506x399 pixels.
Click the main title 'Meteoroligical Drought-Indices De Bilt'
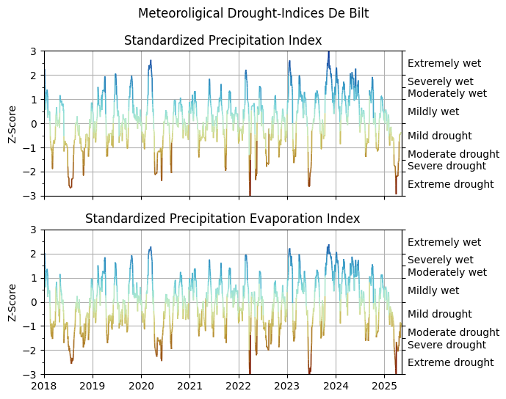[x=253, y=13]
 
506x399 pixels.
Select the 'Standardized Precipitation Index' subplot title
[x=223, y=40]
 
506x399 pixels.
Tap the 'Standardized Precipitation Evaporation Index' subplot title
[x=223, y=219]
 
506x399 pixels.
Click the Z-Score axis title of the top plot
[x=12, y=123]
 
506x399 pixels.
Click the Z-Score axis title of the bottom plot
[x=12, y=302]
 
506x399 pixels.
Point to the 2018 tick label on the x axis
[x=44, y=385]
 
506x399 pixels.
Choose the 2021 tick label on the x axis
[x=189, y=385]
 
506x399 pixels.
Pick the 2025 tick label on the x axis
[x=384, y=385]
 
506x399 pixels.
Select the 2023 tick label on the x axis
[x=287, y=385]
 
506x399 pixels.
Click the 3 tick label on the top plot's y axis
[x=34, y=51]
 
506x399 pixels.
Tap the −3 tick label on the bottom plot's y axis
[x=31, y=374]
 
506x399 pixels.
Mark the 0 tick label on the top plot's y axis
[x=34, y=123]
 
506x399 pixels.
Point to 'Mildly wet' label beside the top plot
[x=433, y=111]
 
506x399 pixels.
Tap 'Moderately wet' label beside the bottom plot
[x=447, y=272]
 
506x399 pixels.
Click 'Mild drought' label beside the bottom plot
[x=439, y=314]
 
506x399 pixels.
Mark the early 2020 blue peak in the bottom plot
[x=151, y=248]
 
